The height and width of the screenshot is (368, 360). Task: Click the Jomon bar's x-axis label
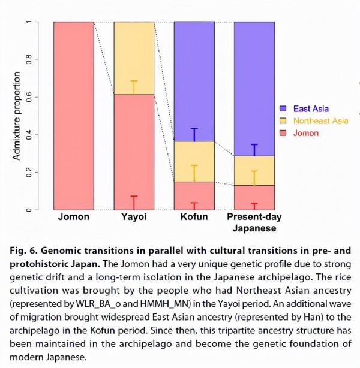[x=73, y=216]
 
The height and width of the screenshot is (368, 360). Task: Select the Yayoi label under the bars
[x=133, y=216]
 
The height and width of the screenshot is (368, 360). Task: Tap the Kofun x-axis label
[x=194, y=216]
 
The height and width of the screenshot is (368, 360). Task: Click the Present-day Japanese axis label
[x=254, y=222]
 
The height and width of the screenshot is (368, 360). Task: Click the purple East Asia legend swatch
[x=284, y=109]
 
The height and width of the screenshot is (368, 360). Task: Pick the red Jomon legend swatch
[x=284, y=133]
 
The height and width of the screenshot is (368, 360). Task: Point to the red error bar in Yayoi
[x=134, y=203]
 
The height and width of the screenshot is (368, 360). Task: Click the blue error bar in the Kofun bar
[x=194, y=135]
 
